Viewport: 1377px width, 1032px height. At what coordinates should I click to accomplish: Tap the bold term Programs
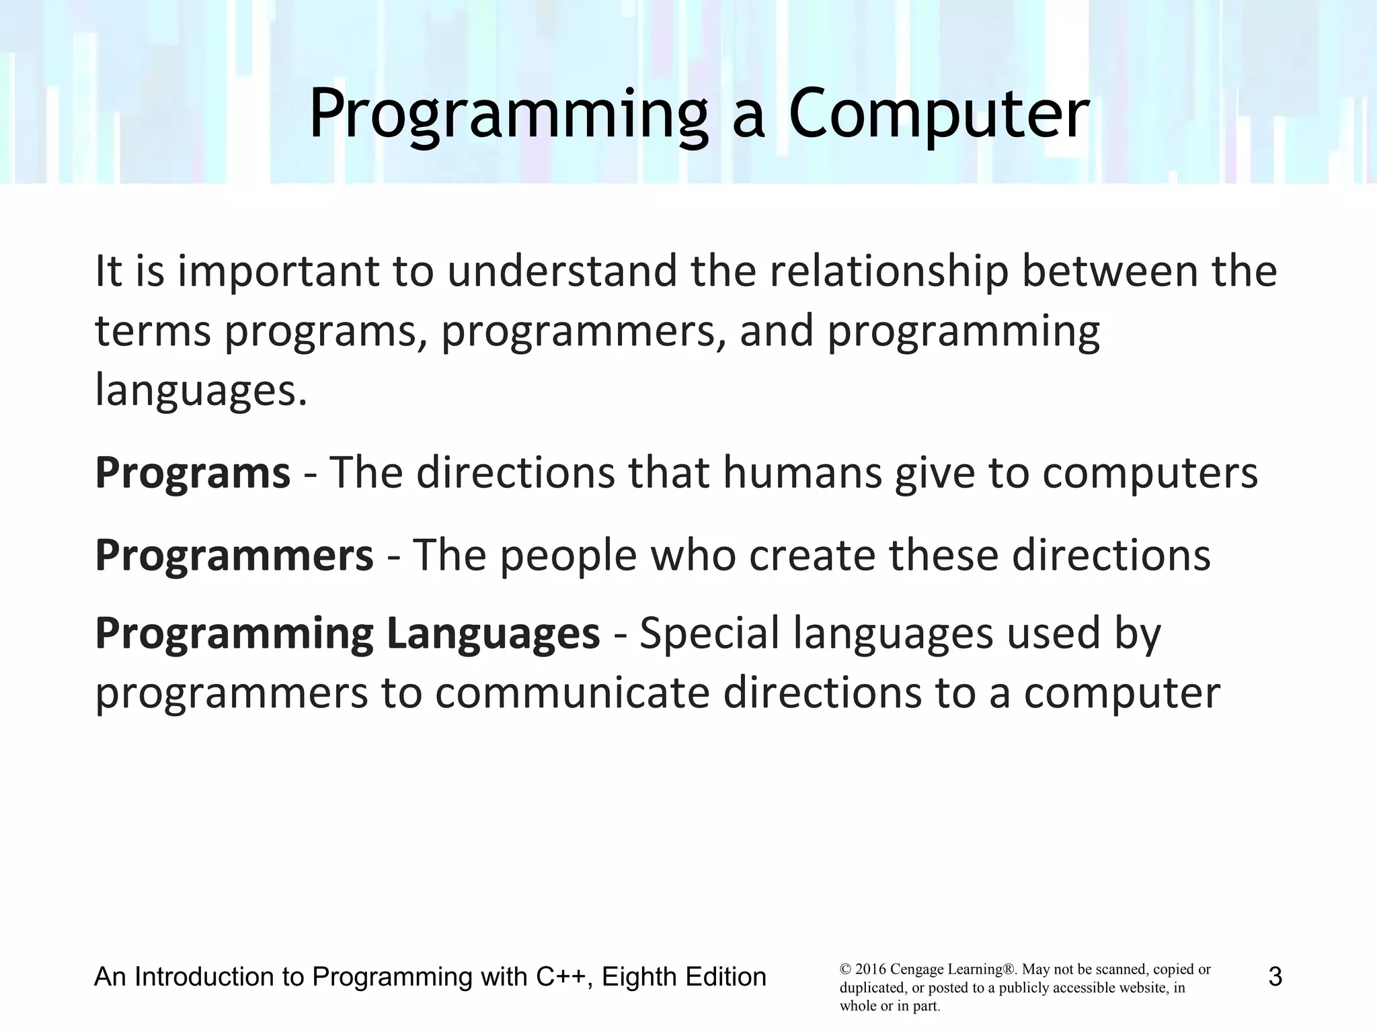pyautogui.click(x=192, y=473)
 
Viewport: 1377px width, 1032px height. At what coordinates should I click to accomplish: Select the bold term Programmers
pyautogui.click(x=233, y=556)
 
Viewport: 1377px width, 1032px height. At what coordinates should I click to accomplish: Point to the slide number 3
pyautogui.click(x=1275, y=976)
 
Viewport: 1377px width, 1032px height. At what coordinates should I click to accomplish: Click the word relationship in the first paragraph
pyautogui.click(x=889, y=271)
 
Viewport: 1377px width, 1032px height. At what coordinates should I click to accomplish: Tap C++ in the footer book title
pyautogui.click(x=563, y=976)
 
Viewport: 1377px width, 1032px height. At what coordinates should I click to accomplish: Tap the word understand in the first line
pyautogui.click(x=563, y=271)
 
